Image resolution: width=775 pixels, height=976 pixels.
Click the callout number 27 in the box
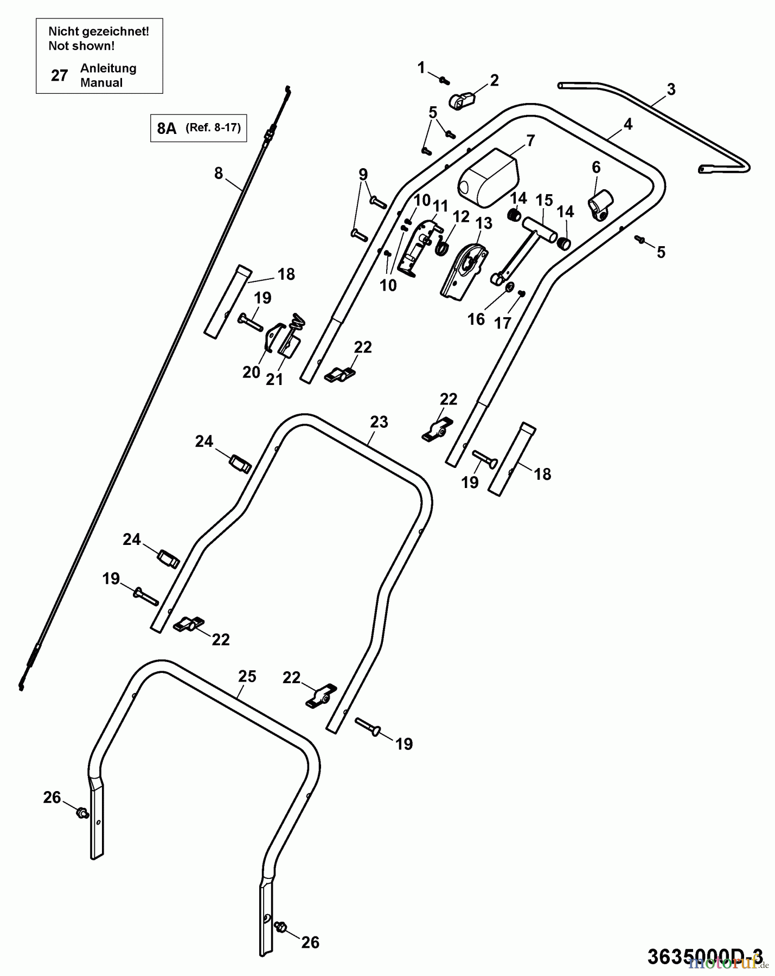click(x=59, y=75)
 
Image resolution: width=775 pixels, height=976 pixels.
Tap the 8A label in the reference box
click(x=166, y=129)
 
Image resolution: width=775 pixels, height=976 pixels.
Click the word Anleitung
click(x=108, y=68)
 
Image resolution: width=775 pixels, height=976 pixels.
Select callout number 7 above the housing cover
click(x=530, y=141)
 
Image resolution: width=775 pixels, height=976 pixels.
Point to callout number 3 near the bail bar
click(x=671, y=89)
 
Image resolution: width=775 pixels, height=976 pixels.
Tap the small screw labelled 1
click(x=445, y=81)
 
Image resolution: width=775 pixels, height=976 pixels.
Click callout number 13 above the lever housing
click(x=484, y=223)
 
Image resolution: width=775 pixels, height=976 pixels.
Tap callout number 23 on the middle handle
click(x=379, y=422)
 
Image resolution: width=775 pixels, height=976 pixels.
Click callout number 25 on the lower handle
click(x=247, y=676)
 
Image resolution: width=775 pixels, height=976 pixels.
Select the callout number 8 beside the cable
click(x=219, y=174)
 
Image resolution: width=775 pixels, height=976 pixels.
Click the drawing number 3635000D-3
click(x=704, y=956)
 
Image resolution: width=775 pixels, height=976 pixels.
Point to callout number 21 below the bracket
click(x=274, y=380)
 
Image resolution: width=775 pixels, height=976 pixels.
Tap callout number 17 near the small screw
click(x=502, y=323)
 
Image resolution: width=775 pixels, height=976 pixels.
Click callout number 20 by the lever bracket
click(x=251, y=373)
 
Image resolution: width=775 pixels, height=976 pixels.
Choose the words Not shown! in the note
click(x=81, y=46)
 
